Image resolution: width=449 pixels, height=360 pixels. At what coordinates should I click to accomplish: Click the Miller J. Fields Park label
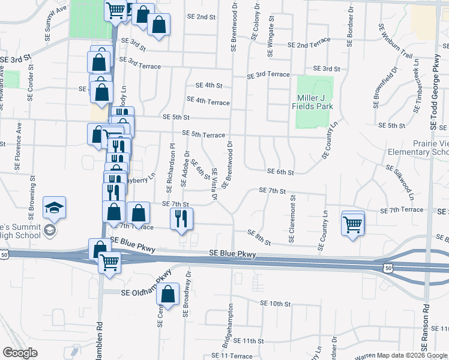[315, 102]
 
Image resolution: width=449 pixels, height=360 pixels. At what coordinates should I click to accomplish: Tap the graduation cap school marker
[55, 208]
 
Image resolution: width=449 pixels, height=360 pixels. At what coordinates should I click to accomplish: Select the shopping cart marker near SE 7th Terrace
[353, 224]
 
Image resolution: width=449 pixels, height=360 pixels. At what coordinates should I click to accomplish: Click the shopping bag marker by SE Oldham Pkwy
[169, 294]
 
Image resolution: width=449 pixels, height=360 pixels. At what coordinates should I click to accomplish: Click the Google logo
[20, 353]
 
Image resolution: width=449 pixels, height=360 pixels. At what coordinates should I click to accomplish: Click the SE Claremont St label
[292, 218]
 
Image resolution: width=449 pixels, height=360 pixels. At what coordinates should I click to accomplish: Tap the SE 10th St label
[276, 304]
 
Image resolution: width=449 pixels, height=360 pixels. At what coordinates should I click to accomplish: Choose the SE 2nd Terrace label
[309, 45]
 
